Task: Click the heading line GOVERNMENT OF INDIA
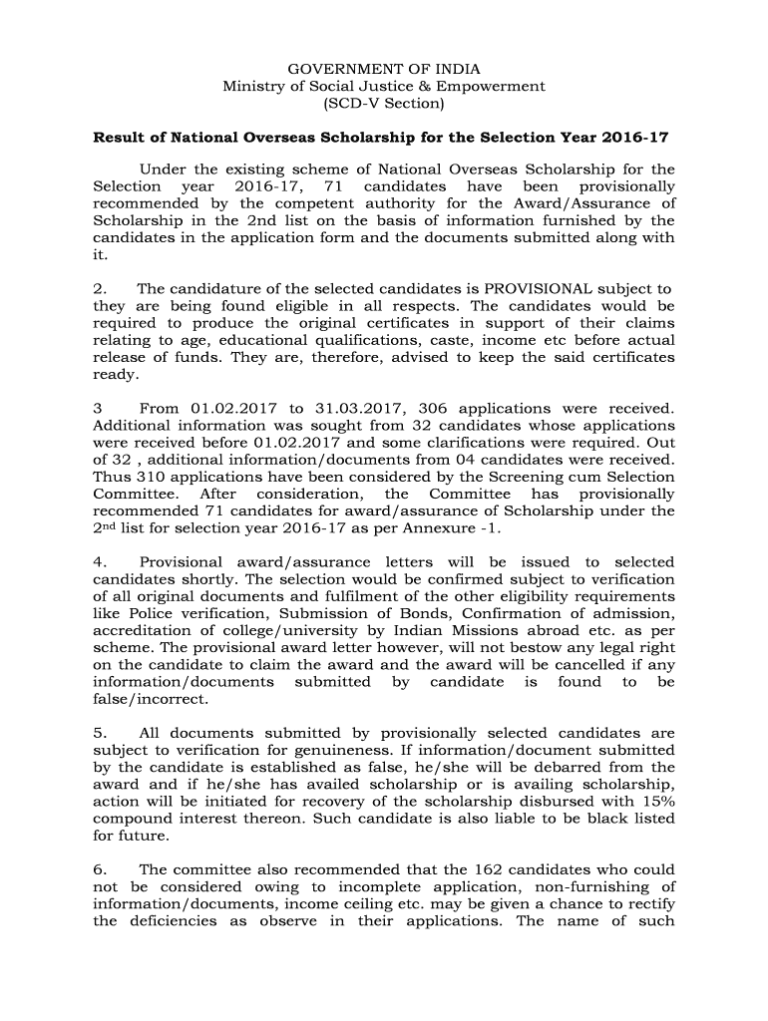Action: pos(384,69)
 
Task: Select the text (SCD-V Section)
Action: pos(384,103)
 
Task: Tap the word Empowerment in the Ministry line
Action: pos(495,86)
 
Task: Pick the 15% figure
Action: pos(656,801)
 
